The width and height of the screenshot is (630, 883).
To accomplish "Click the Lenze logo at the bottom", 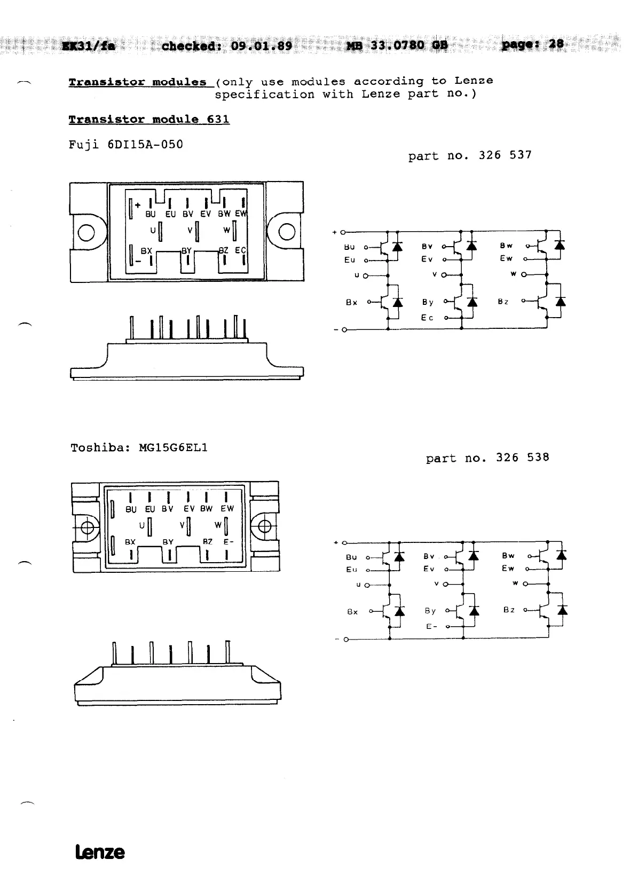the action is click(100, 852).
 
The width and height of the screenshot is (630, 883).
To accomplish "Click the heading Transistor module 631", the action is click(149, 120).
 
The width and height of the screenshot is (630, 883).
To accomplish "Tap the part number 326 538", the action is click(522, 458).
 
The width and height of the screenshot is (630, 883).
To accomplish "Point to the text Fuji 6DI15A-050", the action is click(126, 145).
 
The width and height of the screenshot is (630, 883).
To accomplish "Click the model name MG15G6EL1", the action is click(173, 447).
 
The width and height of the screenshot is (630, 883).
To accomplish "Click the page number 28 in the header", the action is click(556, 44).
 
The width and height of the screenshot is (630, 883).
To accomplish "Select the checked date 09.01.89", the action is click(262, 46).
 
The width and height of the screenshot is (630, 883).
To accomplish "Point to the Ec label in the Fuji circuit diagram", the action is click(427, 318).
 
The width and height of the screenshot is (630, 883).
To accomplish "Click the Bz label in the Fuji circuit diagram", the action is click(503, 302).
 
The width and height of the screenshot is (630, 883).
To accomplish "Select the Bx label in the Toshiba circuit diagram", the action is click(352, 612).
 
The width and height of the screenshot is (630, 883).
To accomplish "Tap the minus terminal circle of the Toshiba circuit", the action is click(346, 639).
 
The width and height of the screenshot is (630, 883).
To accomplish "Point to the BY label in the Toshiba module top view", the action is click(168, 542).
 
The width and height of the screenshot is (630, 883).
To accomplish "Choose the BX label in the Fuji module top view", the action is click(146, 250).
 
